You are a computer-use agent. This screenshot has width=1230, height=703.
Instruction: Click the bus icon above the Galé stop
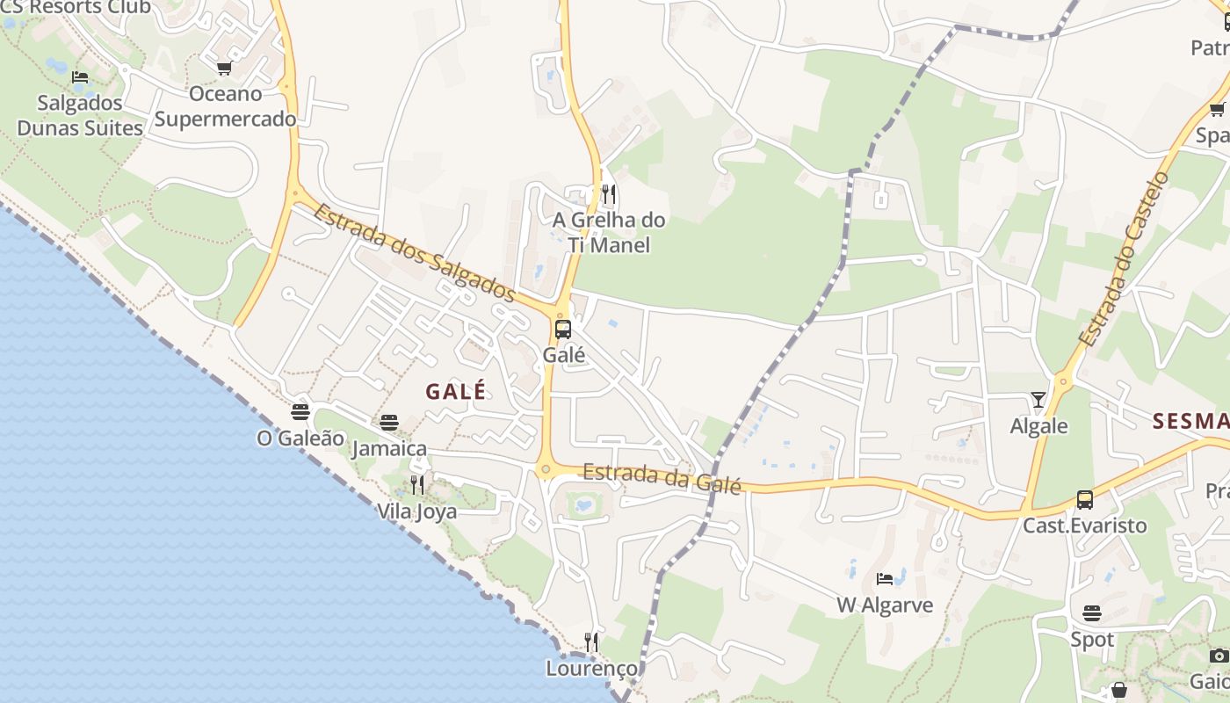click(x=563, y=330)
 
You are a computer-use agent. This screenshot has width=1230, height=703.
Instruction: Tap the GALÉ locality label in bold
click(x=456, y=392)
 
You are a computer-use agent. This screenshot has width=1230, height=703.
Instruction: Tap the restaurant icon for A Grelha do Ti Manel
click(x=608, y=194)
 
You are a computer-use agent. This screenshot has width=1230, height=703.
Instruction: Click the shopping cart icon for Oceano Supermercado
click(x=224, y=69)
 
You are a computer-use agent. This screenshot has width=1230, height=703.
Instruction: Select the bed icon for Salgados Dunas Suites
click(x=80, y=77)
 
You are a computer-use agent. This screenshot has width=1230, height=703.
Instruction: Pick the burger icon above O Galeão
click(x=300, y=411)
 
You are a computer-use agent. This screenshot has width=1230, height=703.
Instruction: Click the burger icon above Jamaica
click(x=389, y=423)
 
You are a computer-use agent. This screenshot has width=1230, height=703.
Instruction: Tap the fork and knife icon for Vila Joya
click(x=417, y=485)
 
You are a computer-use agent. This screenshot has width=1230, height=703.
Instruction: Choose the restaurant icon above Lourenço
click(x=592, y=642)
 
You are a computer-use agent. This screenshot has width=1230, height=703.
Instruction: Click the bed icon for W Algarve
click(x=885, y=579)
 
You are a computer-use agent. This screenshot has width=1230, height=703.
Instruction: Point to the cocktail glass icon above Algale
click(x=1038, y=401)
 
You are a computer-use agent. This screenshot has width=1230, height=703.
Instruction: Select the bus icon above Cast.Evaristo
click(x=1085, y=500)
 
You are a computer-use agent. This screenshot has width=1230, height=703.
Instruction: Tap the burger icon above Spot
click(x=1092, y=613)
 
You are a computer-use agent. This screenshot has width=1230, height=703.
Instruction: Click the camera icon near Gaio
click(x=1219, y=656)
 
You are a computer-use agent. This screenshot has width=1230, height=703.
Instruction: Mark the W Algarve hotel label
click(x=885, y=605)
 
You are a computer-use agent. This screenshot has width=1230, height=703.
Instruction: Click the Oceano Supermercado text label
click(x=226, y=106)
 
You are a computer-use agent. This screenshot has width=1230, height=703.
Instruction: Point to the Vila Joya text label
click(x=417, y=511)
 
